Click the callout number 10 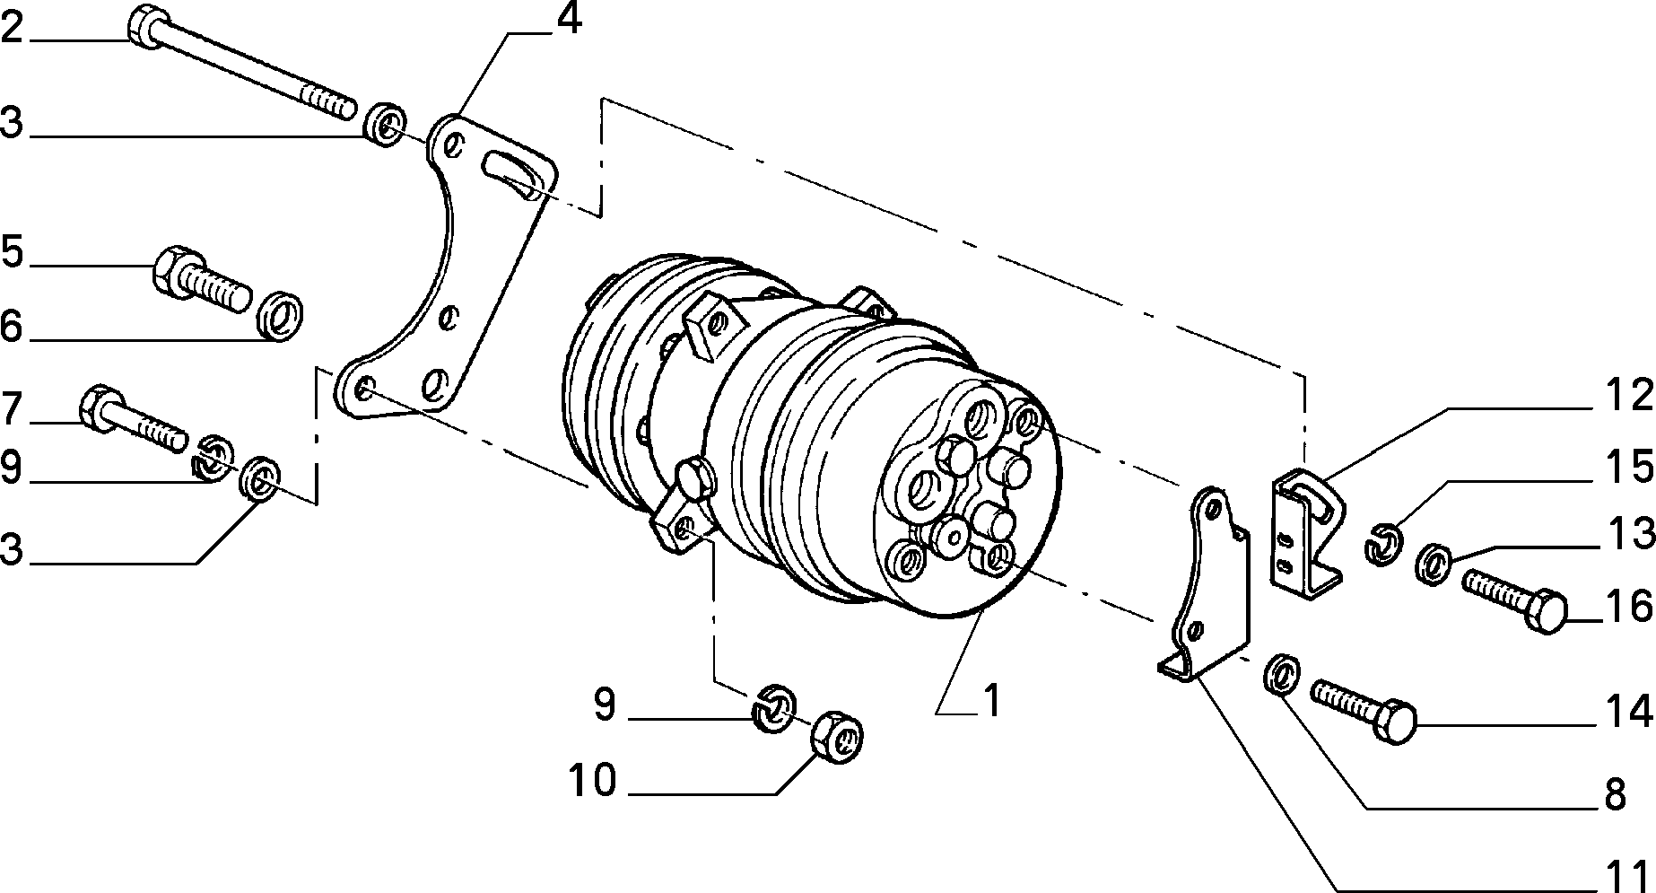[x=593, y=780]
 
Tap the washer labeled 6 [x=281, y=314]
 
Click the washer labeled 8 [x=1284, y=674]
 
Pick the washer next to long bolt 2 [x=386, y=125]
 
